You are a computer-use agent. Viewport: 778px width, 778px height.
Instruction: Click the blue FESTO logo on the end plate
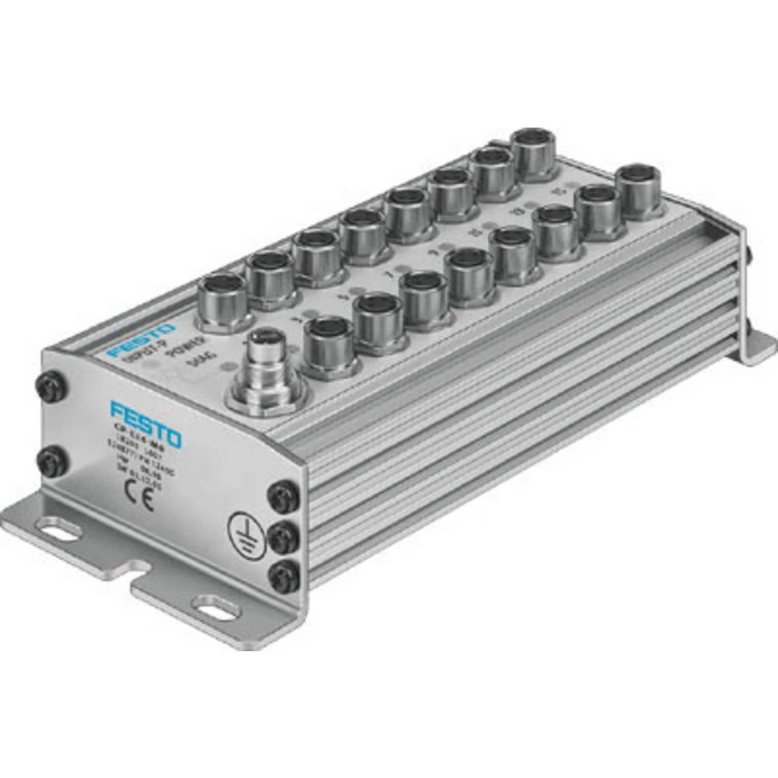[x=145, y=423]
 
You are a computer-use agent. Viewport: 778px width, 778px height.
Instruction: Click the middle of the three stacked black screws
[x=285, y=534]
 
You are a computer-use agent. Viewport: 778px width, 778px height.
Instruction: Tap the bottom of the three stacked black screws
[x=285, y=576]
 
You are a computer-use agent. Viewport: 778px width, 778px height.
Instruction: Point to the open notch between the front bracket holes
[x=137, y=580]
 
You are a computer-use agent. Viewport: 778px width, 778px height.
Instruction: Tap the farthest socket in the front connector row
[x=640, y=189]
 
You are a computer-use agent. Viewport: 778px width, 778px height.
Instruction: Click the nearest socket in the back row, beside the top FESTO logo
[x=223, y=300]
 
